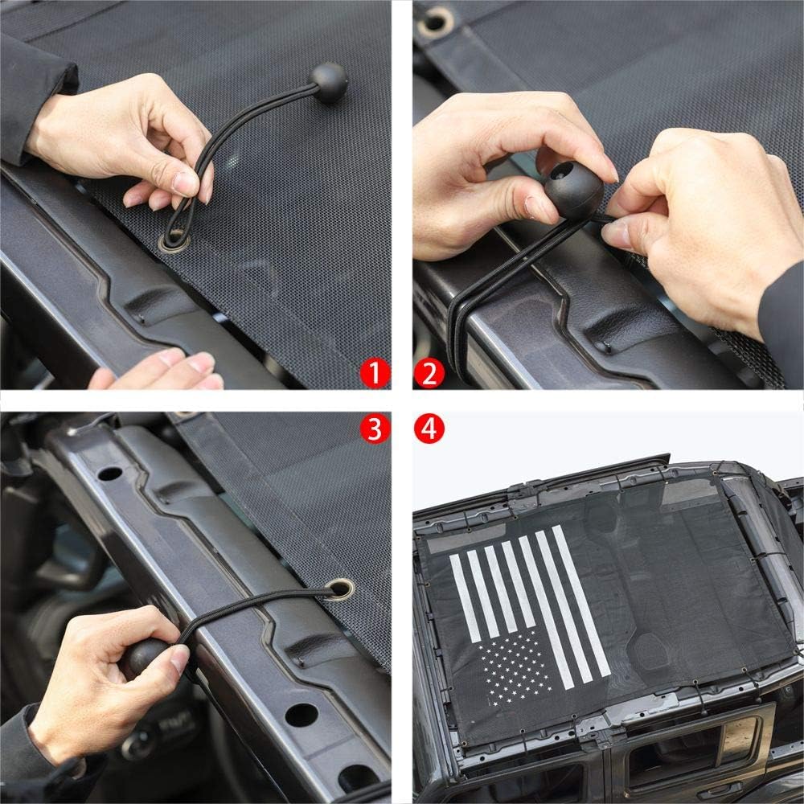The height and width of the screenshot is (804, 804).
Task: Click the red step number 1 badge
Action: (375, 373)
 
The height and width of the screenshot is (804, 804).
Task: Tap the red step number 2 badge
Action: (429, 373)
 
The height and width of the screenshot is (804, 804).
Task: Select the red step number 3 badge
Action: (375, 429)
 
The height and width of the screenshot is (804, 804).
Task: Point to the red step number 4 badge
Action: (429, 429)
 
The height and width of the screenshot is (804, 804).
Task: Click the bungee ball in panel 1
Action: (328, 82)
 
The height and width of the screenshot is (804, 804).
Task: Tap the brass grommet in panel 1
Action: (174, 241)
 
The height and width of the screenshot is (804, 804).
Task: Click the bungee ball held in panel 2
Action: (573, 190)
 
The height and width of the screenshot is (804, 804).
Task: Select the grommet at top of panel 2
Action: (435, 22)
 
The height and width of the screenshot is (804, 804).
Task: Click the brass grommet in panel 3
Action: (339, 589)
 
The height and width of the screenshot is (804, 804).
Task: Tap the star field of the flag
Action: (515, 667)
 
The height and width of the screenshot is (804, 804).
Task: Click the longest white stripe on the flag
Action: (580, 602)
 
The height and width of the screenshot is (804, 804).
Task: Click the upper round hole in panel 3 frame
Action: (109, 474)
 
